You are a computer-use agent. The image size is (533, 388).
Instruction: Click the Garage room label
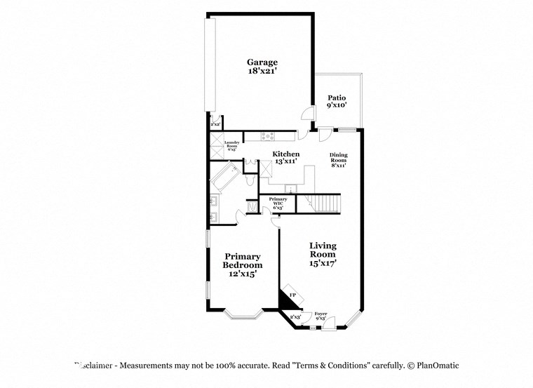(262, 62)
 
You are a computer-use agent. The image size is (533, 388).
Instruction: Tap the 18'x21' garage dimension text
(262, 72)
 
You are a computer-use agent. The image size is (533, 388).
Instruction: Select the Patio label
(337, 98)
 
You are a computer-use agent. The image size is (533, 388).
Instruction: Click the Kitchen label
(286, 154)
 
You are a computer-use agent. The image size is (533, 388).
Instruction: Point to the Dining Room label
(339, 157)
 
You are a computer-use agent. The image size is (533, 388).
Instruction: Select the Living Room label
(323, 250)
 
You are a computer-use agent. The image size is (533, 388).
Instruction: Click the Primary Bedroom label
(242, 261)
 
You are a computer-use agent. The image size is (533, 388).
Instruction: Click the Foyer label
(321, 314)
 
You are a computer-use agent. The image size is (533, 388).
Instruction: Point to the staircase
(325, 204)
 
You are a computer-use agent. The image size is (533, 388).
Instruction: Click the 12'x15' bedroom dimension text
(242, 274)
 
